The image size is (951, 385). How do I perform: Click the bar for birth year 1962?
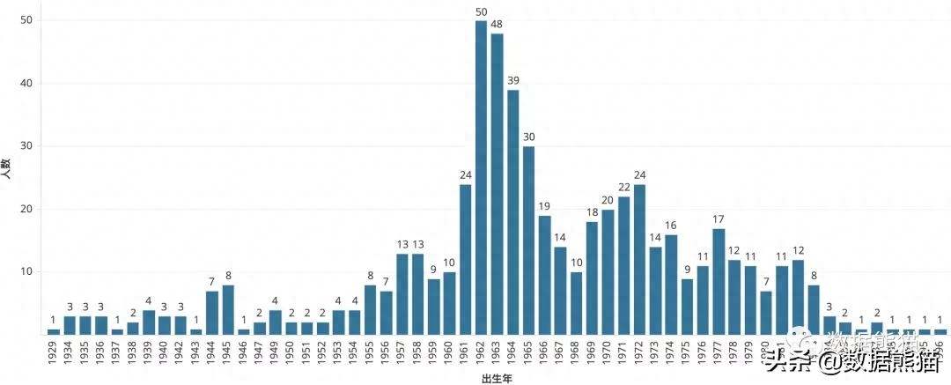tap(482, 177)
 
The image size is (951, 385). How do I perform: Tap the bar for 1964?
tap(513, 211)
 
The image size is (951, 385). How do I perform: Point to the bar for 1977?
tap(719, 281)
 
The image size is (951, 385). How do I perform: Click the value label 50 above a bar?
tap(482, 11)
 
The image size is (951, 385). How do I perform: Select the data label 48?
tap(498, 24)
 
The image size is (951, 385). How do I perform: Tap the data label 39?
tap(513, 80)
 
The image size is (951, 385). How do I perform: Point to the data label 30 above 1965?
tap(529, 137)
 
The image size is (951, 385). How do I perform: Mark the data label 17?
tap(719, 218)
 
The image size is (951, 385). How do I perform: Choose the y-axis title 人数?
tap(7, 170)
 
